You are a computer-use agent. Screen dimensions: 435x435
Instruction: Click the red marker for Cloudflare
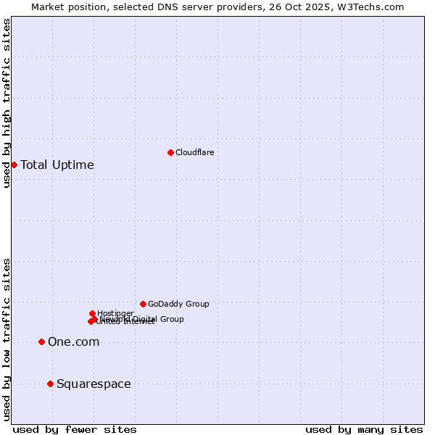pyautogui.click(x=170, y=152)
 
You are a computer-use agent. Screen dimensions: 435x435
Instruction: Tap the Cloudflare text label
pyautogui.click(x=194, y=152)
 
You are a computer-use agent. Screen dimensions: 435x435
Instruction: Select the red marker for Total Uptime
pyautogui.click(x=14, y=165)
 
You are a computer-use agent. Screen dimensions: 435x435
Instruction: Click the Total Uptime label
pyautogui.click(x=57, y=165)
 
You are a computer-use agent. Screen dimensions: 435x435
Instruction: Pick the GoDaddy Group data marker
pyautogui.click(x=143, y=304)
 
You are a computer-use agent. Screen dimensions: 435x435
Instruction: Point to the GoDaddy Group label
pyautogui.click(x=178, y=304)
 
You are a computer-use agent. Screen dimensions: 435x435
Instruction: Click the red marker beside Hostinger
pyautogui.click(x=92, y=313)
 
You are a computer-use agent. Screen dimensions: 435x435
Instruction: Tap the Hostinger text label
pyautogui.click(x=115, y=313)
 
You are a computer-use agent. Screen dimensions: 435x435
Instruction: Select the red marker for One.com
pyautogui.click(x=41, y=341)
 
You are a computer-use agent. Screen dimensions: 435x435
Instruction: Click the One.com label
pyautogui.click(x=73, y=341)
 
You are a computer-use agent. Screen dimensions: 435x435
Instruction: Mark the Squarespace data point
pyautogui.click(x=50, y=384)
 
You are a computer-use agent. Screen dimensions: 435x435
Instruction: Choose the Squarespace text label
pyautogui.click(x=94, y=384)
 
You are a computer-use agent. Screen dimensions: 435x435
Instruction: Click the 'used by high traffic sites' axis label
pyautogui.click(x=7, y=103)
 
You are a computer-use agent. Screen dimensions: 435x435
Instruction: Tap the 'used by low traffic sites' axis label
pyautogui.click(x=7, y=339)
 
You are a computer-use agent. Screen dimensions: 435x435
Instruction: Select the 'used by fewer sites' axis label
pyautogui.click(x=75, y=429)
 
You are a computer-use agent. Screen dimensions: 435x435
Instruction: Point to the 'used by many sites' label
pyautogui.click(x=364, y=429)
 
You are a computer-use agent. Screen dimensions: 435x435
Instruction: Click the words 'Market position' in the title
pyautogui.click(x=67, y=7)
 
